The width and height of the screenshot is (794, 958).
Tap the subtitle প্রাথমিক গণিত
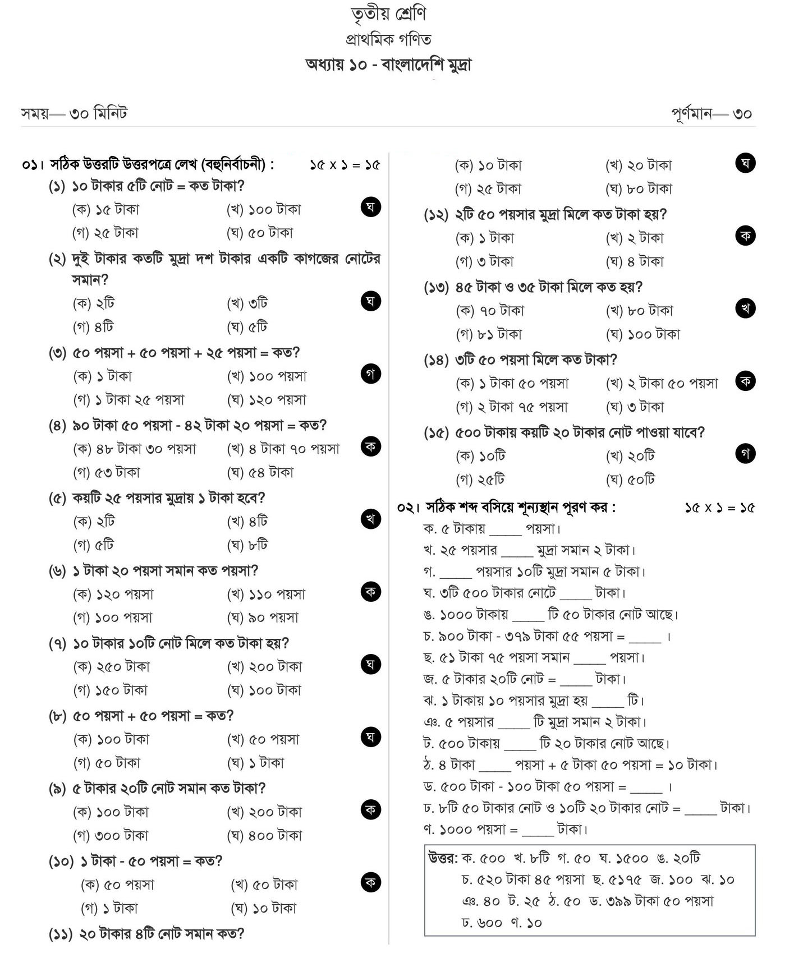point(388,40)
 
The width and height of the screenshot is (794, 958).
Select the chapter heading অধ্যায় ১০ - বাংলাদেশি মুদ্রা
point(388,65)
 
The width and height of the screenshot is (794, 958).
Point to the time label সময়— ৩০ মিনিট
point(74,114)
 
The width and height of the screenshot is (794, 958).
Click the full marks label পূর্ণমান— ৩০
point(712,114)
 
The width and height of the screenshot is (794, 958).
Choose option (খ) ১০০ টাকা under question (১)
point(264,210)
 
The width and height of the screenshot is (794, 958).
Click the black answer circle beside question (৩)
point(370,374)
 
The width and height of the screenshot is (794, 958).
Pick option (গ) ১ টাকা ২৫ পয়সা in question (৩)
point(128,400)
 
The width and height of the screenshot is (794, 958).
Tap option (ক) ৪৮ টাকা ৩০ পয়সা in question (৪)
point(135,449)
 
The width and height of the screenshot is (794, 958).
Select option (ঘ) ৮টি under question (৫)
point(247,545)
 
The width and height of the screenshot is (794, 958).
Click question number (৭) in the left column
point(58,643)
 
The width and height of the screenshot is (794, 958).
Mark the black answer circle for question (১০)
point(370,882)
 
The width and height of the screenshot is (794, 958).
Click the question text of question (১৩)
point(549,287)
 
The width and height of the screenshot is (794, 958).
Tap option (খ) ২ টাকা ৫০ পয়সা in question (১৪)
point(662,384)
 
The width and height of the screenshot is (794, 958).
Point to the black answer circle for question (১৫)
point(745,454)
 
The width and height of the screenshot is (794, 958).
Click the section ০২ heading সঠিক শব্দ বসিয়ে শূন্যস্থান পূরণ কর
point(520,508)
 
